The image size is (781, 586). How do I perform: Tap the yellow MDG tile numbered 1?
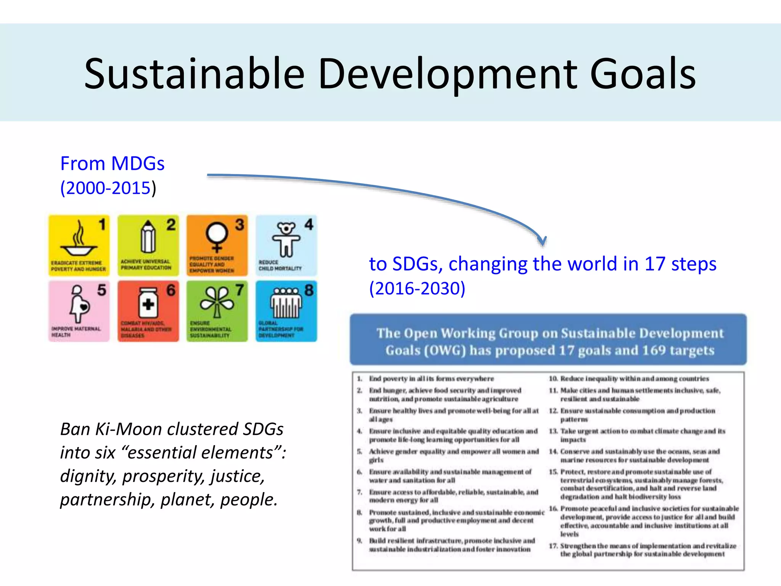point(79,245)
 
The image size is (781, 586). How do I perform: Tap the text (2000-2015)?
point(108,188)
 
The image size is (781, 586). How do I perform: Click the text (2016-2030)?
point(417,288)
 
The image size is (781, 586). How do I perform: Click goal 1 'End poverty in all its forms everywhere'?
point(431,378)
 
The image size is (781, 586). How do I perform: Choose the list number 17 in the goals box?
point(553,546)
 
